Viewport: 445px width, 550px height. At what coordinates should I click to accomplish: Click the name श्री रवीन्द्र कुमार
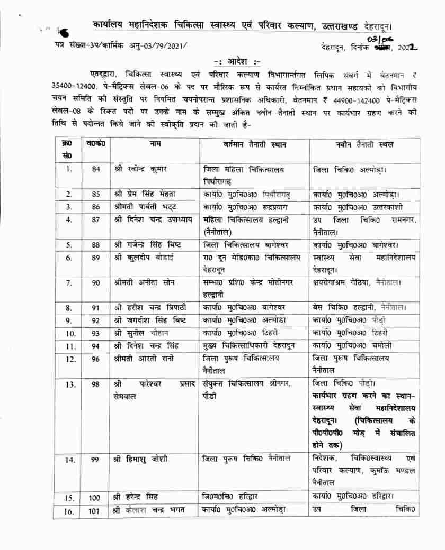(140, 169)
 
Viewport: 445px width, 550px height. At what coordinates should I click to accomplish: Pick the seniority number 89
(95, 258)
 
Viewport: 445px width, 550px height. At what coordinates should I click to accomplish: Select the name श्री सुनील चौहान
(141, 333)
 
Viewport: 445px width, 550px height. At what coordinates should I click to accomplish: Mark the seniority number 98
(95, 384)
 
